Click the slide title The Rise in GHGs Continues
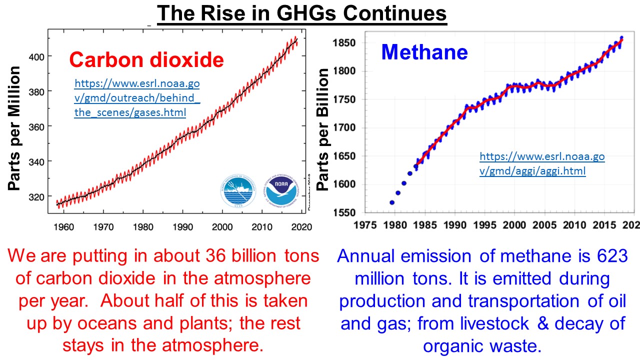pos(301,14)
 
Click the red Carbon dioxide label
pos(146,60)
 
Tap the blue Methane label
pos(424,52)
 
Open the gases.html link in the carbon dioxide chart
pos(137,98)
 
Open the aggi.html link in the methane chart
pos(542,164)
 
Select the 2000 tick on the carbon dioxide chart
pos(222,227)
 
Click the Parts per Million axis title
pos(15,128)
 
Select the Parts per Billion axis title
pos(324,129)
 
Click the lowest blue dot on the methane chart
pos(392,202)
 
